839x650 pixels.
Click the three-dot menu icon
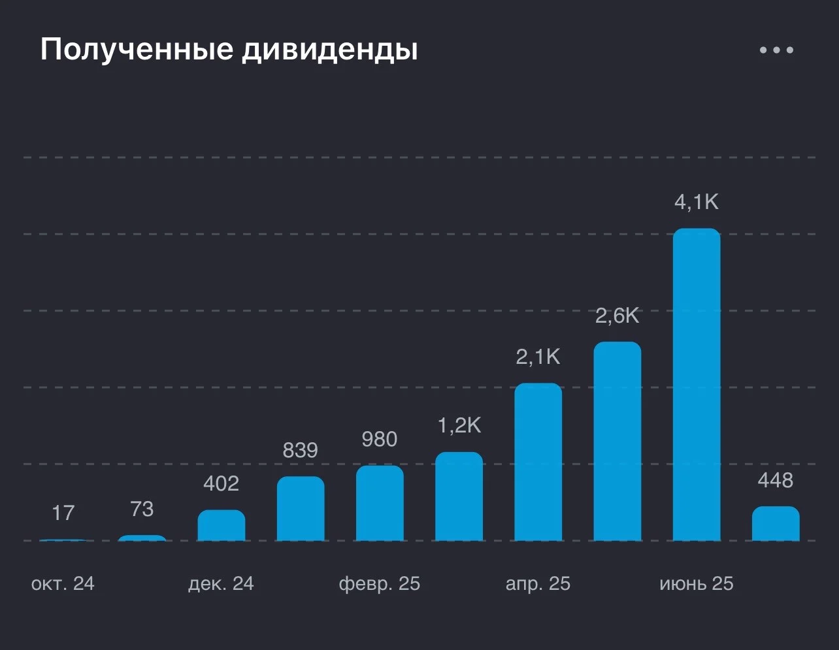776,50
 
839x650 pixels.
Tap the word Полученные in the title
137,50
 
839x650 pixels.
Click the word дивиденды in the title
330,50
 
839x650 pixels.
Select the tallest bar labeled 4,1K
697,384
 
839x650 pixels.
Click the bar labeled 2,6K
617,441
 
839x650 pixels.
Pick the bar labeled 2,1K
538,462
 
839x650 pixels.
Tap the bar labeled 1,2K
459,496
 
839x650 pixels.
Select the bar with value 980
380,503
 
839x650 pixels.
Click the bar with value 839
301,508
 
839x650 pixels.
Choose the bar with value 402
222,525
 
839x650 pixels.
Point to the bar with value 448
776,523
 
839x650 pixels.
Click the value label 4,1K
697,203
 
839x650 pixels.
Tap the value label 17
63,513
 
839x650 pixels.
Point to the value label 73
142,509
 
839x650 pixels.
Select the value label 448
776,481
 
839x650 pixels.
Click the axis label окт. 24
63,583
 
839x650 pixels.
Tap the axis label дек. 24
221,583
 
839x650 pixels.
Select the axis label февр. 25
380,584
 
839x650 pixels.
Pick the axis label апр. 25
538,584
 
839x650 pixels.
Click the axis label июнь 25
696,583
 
